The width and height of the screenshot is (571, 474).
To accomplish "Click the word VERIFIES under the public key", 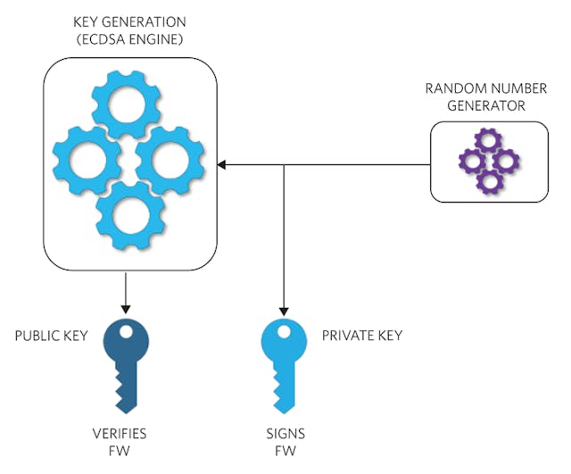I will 120,434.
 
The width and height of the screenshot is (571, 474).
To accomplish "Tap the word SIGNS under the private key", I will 285,434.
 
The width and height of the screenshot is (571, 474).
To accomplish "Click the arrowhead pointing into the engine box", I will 223,165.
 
